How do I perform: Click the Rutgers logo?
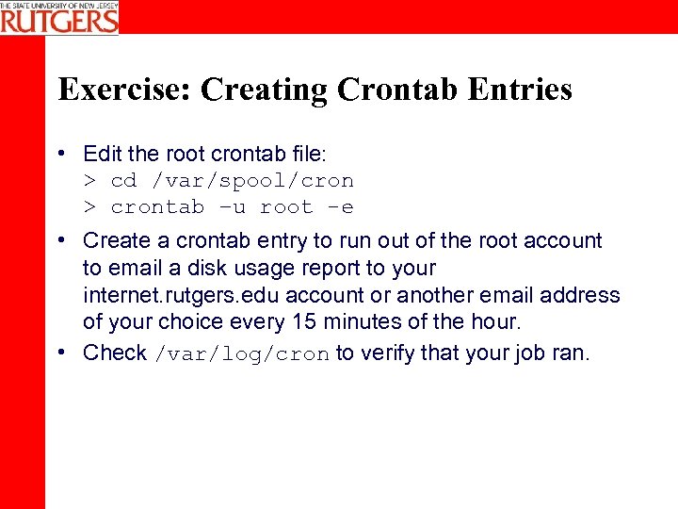point(59,17)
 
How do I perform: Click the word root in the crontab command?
point(286,207)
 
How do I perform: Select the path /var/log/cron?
point(242,354)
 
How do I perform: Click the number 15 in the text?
point(302,321)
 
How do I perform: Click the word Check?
point(115,353)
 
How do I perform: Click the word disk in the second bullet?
point(246,268)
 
